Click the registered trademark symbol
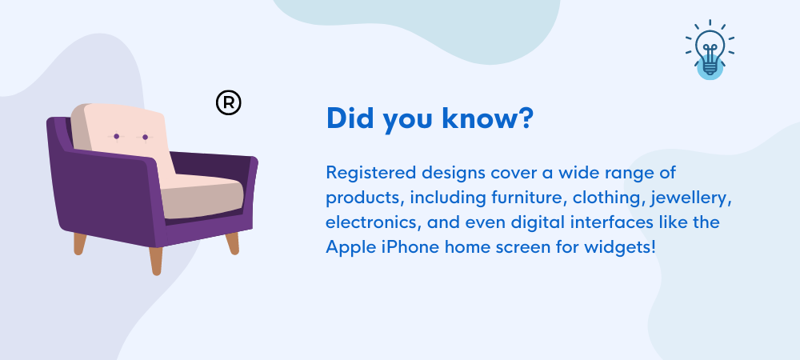(229, 103)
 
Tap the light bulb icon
(710, 50)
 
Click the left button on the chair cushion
(116, 136)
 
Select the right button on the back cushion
(145, 137)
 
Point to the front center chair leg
(156, 261)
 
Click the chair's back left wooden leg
(79, 243)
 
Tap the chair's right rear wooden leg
(233, 243)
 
